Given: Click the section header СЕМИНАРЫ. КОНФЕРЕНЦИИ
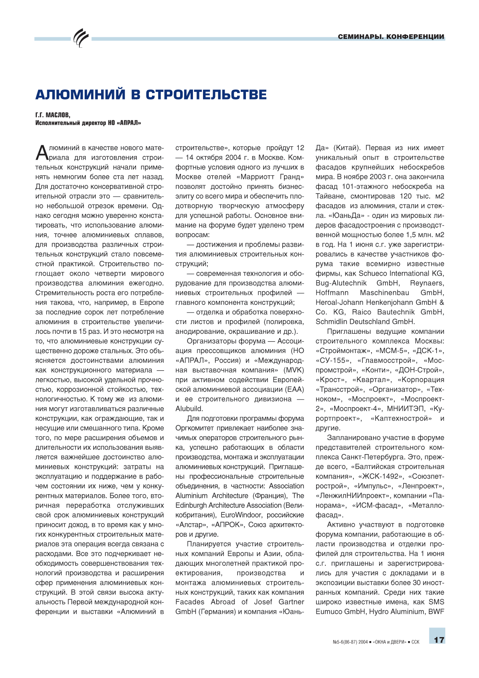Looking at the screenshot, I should click(x=391, y=37).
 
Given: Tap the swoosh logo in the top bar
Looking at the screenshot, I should click(x=81, y=38).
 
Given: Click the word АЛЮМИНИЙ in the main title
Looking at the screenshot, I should click(x=80, y=95).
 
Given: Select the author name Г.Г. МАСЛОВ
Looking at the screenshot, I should click(x=53, y=115).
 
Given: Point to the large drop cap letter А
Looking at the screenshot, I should click(x=42, y=152).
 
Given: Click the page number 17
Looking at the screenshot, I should click(x=439, y=639).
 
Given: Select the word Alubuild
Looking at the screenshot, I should click(x=189, y=409).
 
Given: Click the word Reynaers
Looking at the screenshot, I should click(x=427, y=283).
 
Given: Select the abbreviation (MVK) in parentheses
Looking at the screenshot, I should click(x=294, y=370).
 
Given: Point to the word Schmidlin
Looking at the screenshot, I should click(x=332, y=322).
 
